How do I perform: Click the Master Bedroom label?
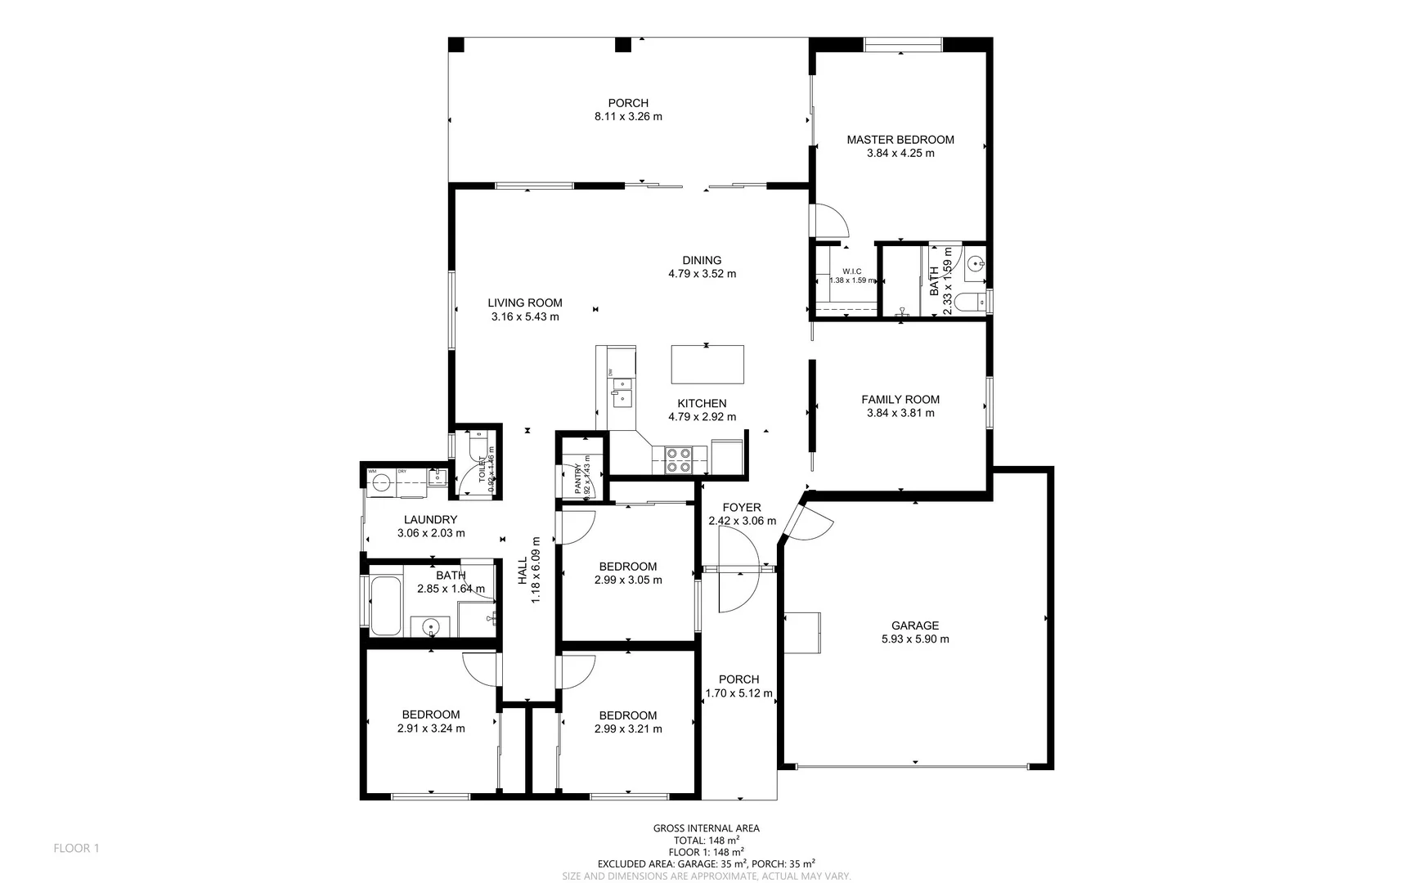900,140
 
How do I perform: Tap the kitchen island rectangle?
707,365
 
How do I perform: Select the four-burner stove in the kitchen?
678,460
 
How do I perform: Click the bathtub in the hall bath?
386,606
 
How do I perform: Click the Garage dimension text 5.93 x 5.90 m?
915,639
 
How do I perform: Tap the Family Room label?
900,400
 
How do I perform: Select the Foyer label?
742,508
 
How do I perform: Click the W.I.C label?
851,271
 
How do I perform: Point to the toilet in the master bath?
971,302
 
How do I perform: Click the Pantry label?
577,477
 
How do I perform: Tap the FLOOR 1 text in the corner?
76,848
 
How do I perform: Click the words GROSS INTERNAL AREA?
706,828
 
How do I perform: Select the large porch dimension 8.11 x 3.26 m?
628,117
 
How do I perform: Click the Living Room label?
525,303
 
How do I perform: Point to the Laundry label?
430,519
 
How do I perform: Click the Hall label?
523,570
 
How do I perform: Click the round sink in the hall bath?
430,627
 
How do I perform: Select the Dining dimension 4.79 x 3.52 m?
702,274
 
